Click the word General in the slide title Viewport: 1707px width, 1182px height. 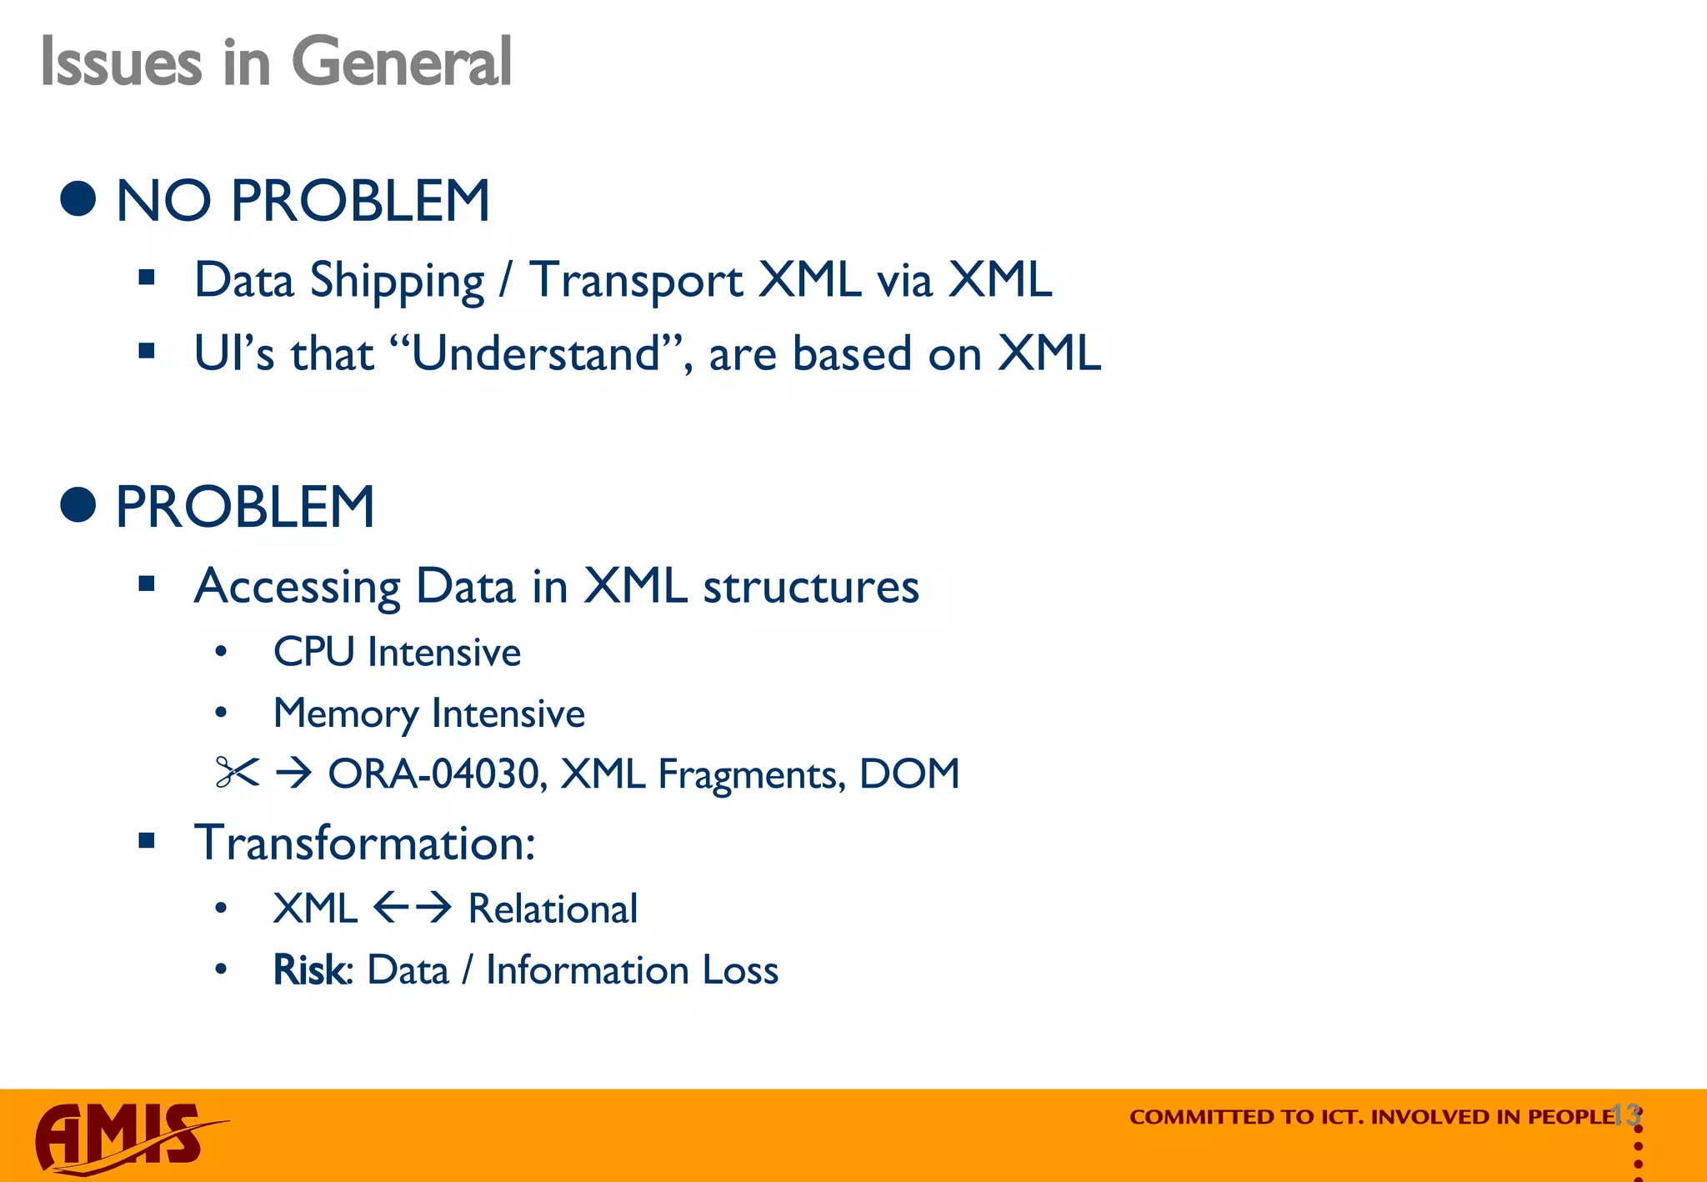click(x=401, y=63)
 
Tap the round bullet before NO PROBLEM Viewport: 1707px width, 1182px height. click(x=78, y=199)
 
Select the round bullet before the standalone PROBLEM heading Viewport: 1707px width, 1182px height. click(x=78, y=505)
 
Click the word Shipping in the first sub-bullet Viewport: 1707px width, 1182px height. click(x=397, y=281)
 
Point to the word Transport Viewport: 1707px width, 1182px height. click(x=635, y=281)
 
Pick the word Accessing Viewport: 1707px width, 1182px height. click(x=297, y=587)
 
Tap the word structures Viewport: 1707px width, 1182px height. click(x=811, y=587)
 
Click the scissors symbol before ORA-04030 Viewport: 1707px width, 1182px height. click(x=237, y=773)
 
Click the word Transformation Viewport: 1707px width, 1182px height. click(x=363, y=843)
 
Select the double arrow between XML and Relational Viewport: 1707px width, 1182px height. click(x=412, y=908)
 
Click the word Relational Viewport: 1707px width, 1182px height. click(x=553, y=909)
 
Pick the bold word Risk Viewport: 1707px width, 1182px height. click(x=309, y=970)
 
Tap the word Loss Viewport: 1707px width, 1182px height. click(x=740, y=970)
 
